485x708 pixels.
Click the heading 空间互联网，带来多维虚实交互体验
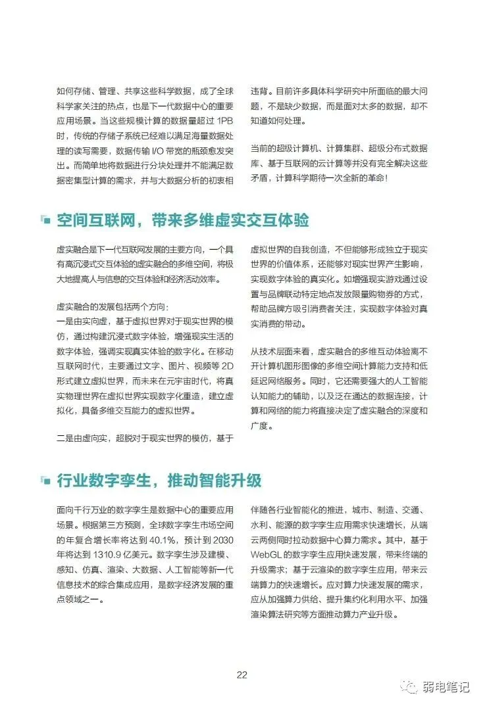(x=182, y=220)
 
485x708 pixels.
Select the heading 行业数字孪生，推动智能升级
(x=159, y=480)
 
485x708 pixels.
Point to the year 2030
(x=220, y=540)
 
